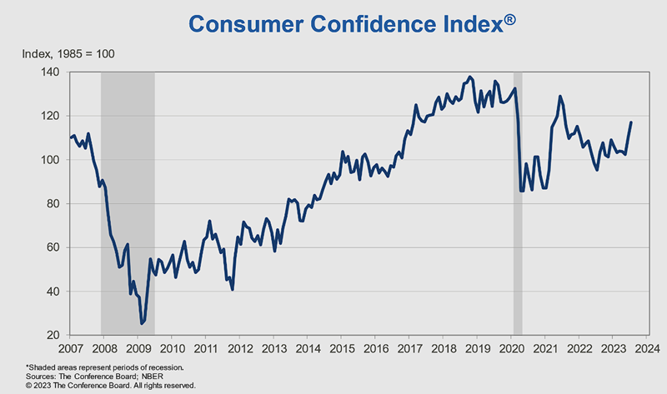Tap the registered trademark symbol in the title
coord(510,19)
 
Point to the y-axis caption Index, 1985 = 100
coord(68,54)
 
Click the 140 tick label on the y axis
coord(50,72)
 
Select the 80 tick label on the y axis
coord(53,203)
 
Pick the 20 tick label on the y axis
coord(53,335)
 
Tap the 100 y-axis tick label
coord(50,160)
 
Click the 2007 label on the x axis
coord(71,348)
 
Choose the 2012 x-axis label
coord(240,348)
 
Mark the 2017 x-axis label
coord(410,348)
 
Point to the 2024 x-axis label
coord(648,348)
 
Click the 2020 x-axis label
coord(512,348)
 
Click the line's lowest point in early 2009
coord(142,323)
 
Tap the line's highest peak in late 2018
coord(469,77)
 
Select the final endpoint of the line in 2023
coord(631,122)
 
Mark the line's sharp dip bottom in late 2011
coord(233,289)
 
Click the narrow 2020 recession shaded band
coord(518,203)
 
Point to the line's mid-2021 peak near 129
coord(559,97)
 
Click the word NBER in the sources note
coord(153,377)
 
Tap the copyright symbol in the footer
coord(28,386)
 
